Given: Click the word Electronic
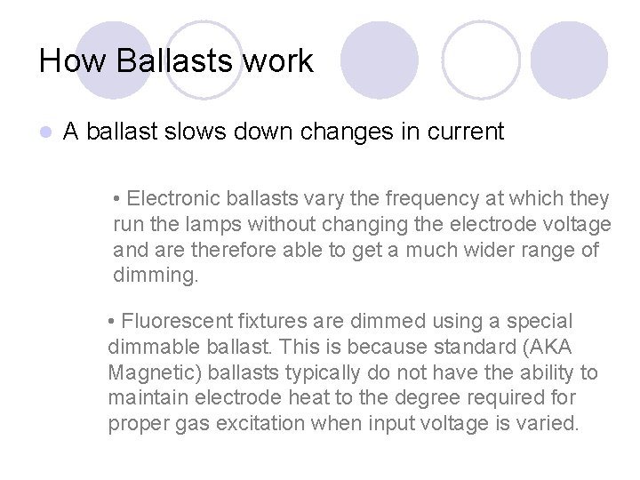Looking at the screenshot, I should [x=173, y=198].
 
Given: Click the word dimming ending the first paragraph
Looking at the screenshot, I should [x=155, y=276].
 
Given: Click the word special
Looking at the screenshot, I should [x=541, y=320].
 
